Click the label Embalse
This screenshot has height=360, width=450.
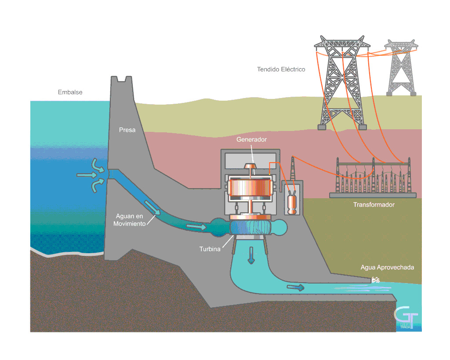pyautogui.click(x=70, y=92)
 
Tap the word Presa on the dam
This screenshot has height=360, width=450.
pyautogui.click(x=127, y=130)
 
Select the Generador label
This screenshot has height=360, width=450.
pyautogui.click(x=251, y=140)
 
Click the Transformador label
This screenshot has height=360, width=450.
pyautogui.click(x=374, y=205)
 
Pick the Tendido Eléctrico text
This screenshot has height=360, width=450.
pyautogui.click(x=281, y=69)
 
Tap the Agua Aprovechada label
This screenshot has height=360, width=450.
pyautogui.click(x=387, y=267)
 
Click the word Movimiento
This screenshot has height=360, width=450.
pyautogui.click(x=129, y=224)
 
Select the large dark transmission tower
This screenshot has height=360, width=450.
pyautogui.click(x=342, y=84)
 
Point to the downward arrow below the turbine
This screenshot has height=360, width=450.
pyautogui.click(x=251, y=255)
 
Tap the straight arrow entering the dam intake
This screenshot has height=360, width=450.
pyautogui.click(x=86, y=175)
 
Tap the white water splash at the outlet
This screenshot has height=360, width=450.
pyautogui.click(x=375, y=280)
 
